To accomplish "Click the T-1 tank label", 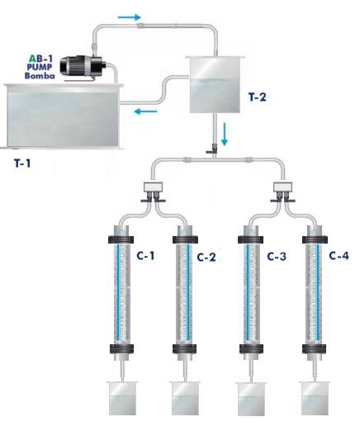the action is tap(22, 163).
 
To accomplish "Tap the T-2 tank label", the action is tap(258, 97).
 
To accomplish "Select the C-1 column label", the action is tap(145, 256).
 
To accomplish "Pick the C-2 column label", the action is tap(206, 257).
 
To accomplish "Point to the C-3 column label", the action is tap(277, 257).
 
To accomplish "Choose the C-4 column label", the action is tap(339, 256).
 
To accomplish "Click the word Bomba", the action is tap(40, 75).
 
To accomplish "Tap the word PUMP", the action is tap(40, 67).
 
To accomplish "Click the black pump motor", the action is tap(82, 66).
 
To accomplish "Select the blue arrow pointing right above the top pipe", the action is tap(130, 17).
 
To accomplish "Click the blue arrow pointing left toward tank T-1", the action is tap(145, 111).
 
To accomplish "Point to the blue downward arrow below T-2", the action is tap(225, 134).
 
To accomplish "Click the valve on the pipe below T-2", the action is tap(212, 149).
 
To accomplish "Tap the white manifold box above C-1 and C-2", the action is tap(153, 187).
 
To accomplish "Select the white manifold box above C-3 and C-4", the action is tap(283, 187).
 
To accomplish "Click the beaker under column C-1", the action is tap(122, 398).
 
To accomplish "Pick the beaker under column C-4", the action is tap(315, 398).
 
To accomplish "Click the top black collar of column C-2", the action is tap(185, 239).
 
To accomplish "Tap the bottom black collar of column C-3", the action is tap(251, 349).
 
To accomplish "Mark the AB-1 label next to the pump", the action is tap(40, 59).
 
